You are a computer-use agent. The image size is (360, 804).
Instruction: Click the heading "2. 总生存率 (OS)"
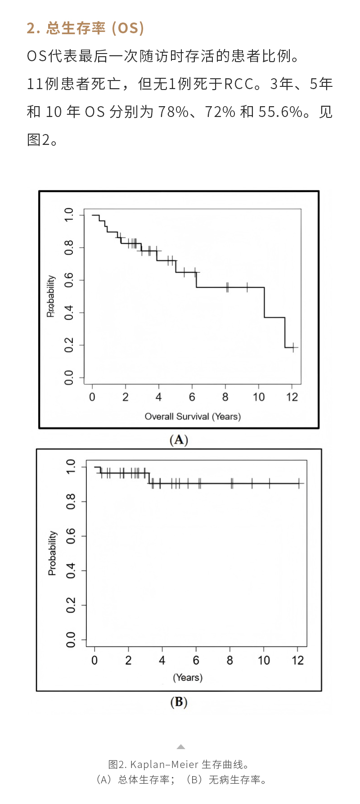point(85,28)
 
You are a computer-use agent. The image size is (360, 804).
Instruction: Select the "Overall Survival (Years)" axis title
point(193,416)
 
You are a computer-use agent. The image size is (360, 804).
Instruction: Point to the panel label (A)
point(179,440)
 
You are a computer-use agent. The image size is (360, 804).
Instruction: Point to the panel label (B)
point(179,702)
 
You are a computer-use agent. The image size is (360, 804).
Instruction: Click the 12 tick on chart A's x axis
point(292,397)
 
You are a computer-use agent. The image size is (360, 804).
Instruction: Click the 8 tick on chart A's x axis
point(225,397)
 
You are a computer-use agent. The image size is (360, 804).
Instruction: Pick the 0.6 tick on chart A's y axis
point(69,280)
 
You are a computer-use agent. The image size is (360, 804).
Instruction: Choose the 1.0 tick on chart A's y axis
point(69,215)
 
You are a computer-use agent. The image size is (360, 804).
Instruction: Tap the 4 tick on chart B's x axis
point(162,660)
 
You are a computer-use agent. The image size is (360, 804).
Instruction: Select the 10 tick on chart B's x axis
point(264,660)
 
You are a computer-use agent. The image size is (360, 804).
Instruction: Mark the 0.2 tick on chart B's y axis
point(71,605)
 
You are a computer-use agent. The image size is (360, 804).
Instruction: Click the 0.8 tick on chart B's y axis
point(71,502)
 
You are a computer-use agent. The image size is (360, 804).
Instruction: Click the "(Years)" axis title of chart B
point(188,678)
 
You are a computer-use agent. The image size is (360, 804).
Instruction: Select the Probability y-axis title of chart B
point(53,553)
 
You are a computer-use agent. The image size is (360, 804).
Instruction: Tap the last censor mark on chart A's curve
point(293,347)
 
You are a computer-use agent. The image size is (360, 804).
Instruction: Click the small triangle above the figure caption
point(180,747)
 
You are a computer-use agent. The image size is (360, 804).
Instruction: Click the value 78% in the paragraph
point(173,112)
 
